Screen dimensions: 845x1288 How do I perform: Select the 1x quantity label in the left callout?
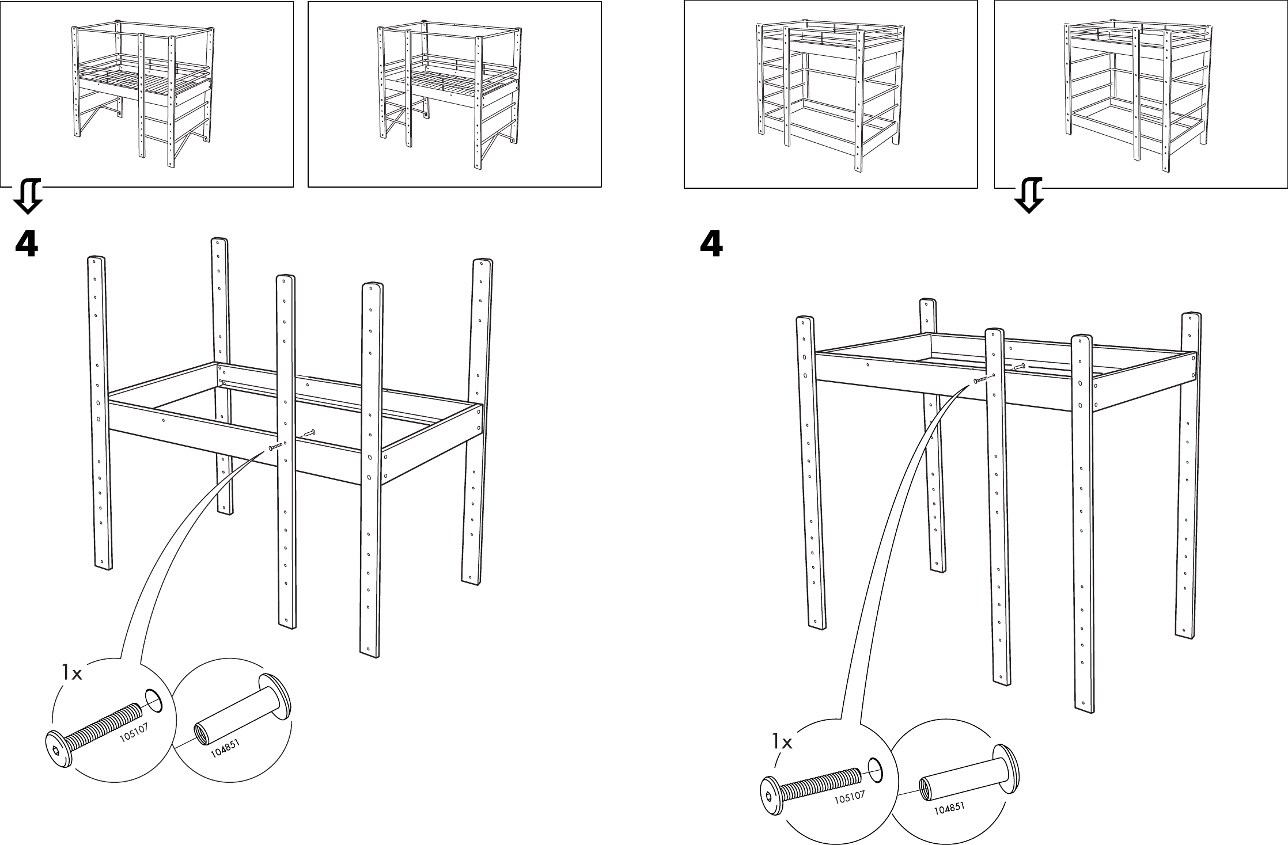tap(73, 673)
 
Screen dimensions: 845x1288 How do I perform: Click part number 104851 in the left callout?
tap(224, 748)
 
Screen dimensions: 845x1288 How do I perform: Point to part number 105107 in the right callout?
tap(850, 798)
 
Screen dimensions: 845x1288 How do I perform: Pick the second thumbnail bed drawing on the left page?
tap(450, 95)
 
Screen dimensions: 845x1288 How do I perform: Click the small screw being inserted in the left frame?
tap(276, 447)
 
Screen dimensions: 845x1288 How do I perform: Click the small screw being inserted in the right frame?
tap(983, 378)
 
